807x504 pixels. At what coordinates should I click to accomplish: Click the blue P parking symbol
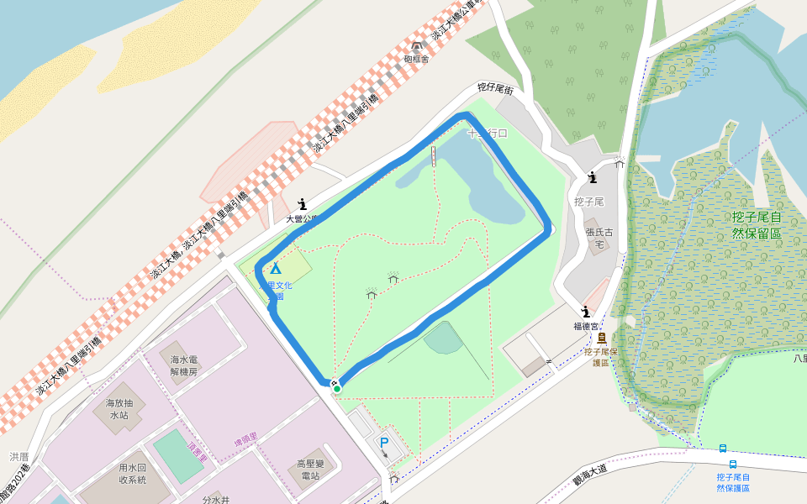tap(384, 442)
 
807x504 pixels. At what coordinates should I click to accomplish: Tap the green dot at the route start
tap(336, 388)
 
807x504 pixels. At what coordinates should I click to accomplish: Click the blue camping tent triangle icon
tap(275, 269)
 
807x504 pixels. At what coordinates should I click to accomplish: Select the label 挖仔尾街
tap(495, 87)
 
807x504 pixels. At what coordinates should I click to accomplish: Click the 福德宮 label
tap(586, 326)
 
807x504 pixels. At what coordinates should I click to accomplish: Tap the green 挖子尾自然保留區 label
tap(757, 225)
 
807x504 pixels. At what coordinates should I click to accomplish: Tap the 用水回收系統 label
tap(132, 474)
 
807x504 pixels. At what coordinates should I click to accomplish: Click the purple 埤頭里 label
tap(246, 438)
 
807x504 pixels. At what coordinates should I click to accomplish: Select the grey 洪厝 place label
tap(19, 456)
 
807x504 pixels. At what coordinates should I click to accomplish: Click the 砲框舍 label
tap(416, 60)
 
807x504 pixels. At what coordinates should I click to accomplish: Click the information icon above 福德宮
tap(585, 312)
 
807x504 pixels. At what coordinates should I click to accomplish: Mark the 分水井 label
tap(215, 499)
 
